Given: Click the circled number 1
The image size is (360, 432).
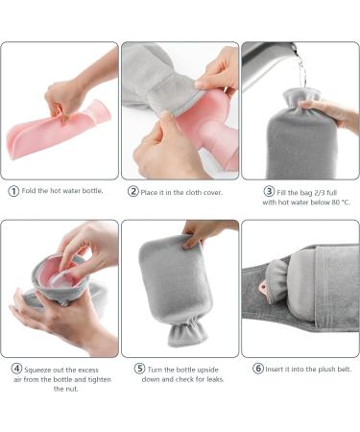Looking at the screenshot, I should coord(13,190).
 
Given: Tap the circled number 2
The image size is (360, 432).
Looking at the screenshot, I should coord(133,190).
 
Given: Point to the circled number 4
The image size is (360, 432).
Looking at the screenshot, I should coord(17,368).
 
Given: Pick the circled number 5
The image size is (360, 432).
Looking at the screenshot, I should coord(139,368).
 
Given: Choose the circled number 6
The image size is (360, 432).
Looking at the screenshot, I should coord(258,368).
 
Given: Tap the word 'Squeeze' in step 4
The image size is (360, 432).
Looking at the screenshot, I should coord(44,368).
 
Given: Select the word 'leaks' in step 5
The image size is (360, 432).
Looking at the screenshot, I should coord(214,380).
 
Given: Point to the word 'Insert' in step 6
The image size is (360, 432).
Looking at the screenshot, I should coord(278,368).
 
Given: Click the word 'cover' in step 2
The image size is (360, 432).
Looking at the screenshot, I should coord(217,190).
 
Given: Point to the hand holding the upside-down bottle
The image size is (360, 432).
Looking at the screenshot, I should coord(205,231).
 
